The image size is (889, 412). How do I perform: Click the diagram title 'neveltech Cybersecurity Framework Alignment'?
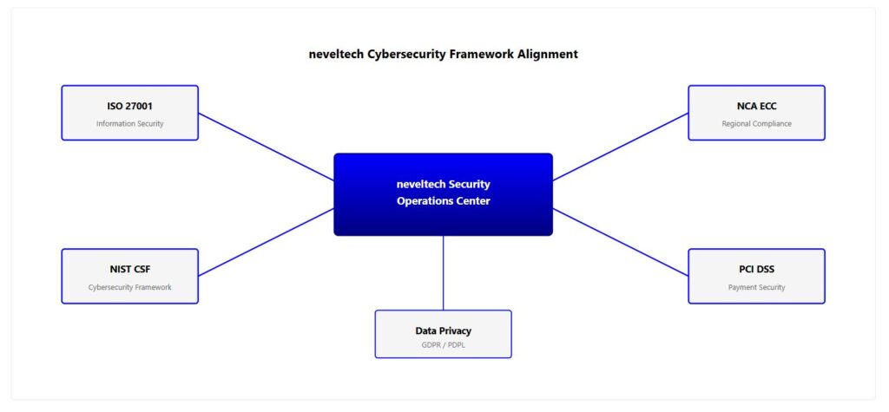click(x=443, y=54)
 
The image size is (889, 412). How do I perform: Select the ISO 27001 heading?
click(x=129, y=106)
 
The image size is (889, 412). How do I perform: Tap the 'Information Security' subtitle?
click(x=129, y=124)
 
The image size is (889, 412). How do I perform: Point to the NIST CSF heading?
click(x=129, y=269)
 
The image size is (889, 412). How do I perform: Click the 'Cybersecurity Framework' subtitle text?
click(x=129, y=287)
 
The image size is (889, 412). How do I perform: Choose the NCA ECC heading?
click(x=756, y=106)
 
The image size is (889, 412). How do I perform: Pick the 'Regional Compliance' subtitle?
click(x=756, y=124)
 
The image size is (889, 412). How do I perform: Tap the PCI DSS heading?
click(x=756, y=269)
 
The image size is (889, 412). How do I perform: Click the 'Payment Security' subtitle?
click(x=756, y=287)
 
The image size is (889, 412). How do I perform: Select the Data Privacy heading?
click(x=443, y=330)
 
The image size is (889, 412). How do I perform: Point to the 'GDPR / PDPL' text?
click(x=443, y=345)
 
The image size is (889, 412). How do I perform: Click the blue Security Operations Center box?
click(x=443, y=217)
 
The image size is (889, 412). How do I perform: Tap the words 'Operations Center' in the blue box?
click(x=443, y=201)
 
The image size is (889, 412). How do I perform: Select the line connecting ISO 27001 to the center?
click(x=266, y=147)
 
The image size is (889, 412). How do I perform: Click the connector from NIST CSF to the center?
click(x=266, y=242)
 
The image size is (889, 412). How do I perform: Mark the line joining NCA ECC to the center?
click(x=620, y=147)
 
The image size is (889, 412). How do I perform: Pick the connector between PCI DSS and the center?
click(x=620, y=242)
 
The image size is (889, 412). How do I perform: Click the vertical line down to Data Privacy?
click(x=443, y=272)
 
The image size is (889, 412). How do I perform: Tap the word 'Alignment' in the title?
click(x=547, y=54)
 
